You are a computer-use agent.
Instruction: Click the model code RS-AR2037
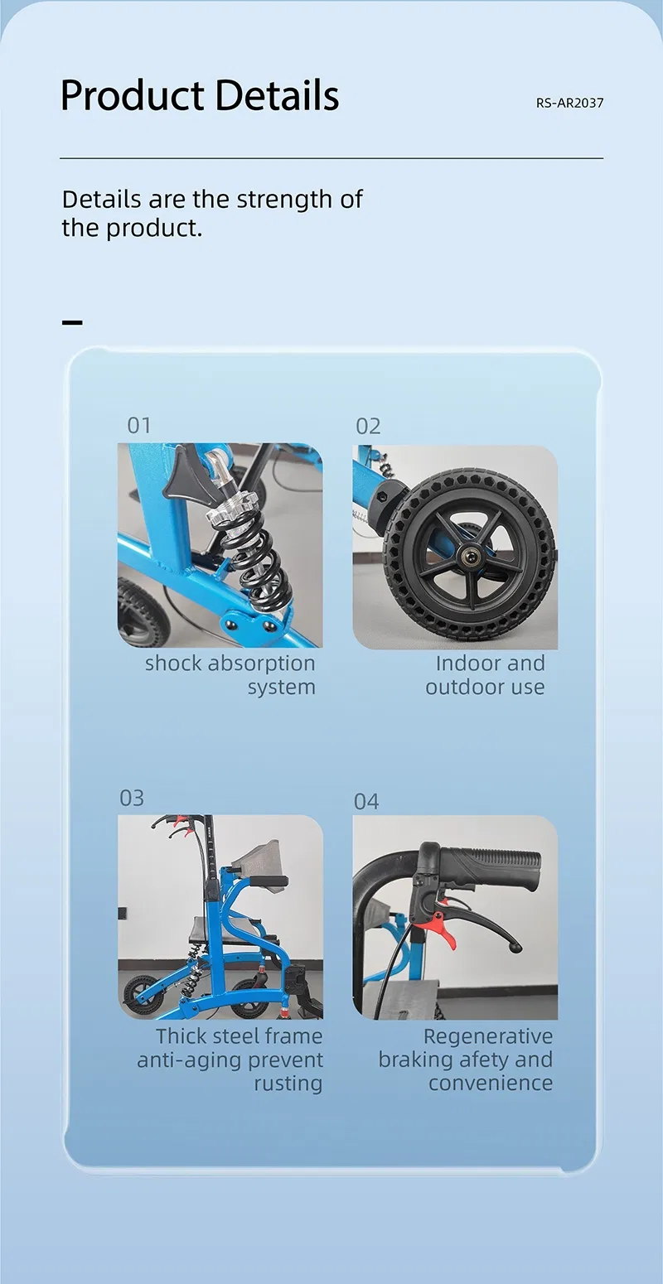pyautogui.click(x=569, y=103)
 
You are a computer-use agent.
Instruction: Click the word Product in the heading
pyautogui.click(x=132, y=95)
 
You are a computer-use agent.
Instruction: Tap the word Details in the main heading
pyautogui.click(x=278, y=95)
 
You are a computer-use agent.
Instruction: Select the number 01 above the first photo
pyautogui.click(x=139, y=425)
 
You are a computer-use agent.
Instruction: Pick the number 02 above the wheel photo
pyautogui.click(x=368, y=427)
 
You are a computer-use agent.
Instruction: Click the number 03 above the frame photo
pyautogui.click(x=132, y=798)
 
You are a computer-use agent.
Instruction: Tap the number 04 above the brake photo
pyautogui.click(x=366, y=801)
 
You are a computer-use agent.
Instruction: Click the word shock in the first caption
pyautogui.click(x=173, y=664)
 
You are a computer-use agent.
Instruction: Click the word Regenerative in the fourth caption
pyautogui.click(x=488, y=1036)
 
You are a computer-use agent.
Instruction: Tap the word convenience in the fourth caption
pyautogui.click(x=491, y=1084)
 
